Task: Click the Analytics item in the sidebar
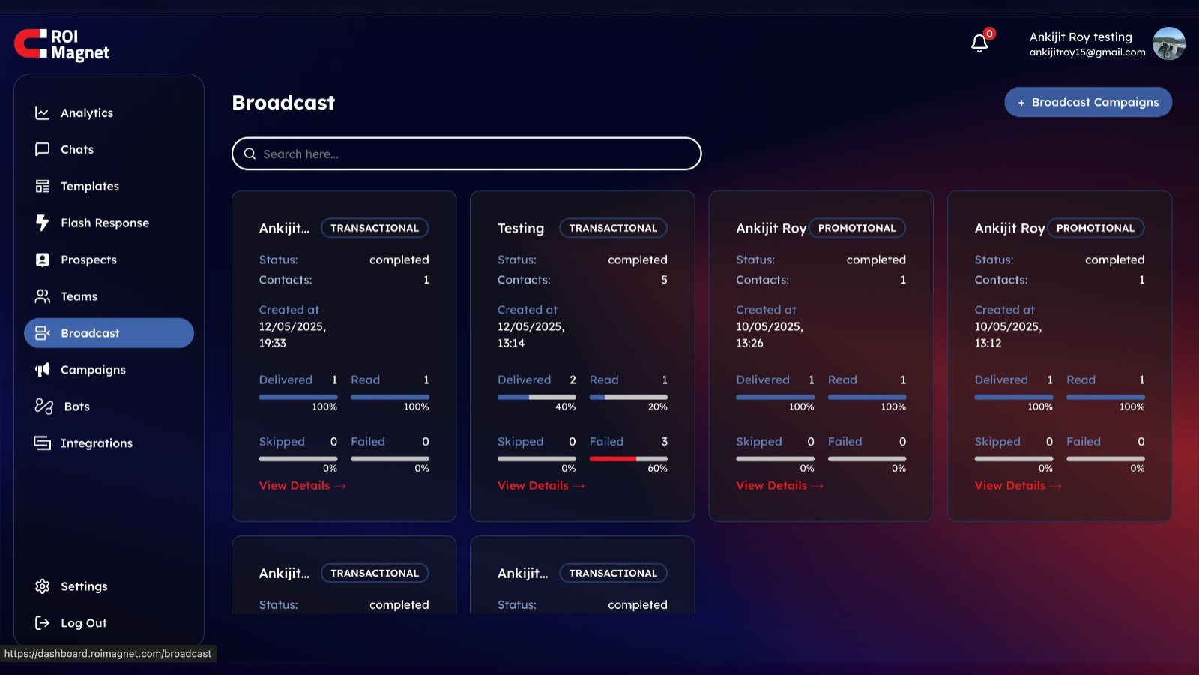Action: (86, 113)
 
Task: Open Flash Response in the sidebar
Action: (104, 223)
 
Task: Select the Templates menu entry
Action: (89, 187)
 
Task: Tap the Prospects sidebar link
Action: (88, 260)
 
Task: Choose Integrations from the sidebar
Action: (96, 443)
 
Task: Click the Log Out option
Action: (83, 623)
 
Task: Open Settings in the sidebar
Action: (83, 586)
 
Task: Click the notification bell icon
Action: (979, 43)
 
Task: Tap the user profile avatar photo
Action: (1168, 43)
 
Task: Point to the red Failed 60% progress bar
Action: (613, 458)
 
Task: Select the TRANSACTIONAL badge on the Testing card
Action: (613, 228)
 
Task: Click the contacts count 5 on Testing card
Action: (664, 280)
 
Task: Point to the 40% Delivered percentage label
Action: (565, 406)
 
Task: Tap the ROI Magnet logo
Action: (62, 45)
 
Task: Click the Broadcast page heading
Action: (283, 103)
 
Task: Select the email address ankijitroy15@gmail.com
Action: (1087, 52)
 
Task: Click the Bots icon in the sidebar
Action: (44, 406)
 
